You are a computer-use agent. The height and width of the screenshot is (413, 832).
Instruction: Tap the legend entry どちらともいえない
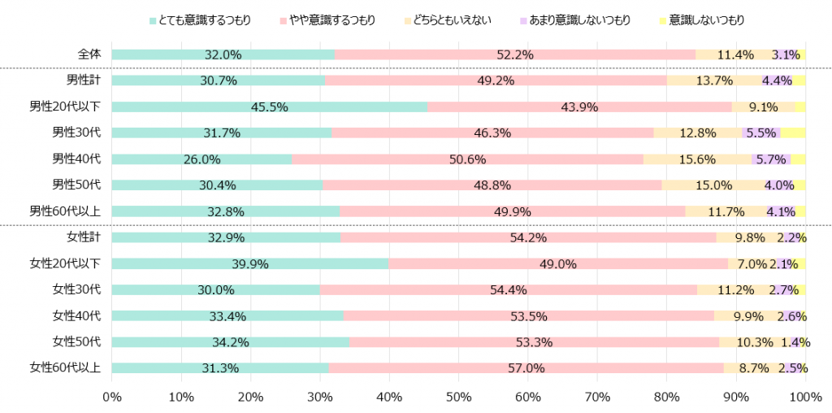[453, 20]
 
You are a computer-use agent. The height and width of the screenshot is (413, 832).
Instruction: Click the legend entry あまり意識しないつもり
[579, 20]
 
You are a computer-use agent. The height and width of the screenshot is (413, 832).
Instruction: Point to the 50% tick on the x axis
[458, 396]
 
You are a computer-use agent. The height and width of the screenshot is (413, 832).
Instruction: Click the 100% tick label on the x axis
[804, 396]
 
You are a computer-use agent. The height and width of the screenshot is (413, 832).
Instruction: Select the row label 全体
[89, 54]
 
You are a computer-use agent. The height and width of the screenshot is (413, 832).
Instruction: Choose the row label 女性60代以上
[65, 367]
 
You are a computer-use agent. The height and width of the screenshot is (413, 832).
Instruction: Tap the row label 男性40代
[76, 159]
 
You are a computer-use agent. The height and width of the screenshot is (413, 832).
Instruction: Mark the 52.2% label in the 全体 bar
[514, 55]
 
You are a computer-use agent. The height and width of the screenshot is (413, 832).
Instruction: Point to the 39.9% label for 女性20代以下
[250, 264]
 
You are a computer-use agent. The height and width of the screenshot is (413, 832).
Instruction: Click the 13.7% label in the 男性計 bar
[714, 81]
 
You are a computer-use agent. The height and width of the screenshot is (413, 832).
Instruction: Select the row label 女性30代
[76, 289]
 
